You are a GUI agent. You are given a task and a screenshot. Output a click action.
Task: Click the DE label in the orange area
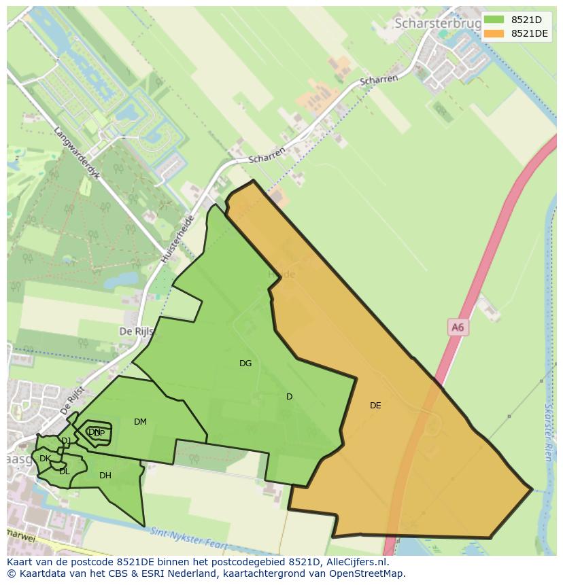(375, 406)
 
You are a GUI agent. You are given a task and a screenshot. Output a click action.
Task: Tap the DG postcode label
(245, 364)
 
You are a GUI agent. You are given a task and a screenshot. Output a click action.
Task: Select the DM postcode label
(140, 422)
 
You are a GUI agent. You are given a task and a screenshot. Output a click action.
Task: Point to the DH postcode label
(105, 476)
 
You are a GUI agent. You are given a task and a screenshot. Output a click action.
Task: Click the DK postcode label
(45, 459)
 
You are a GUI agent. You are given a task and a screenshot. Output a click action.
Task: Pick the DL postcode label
(64, 472)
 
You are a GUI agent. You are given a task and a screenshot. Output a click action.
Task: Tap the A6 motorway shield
(458, 327)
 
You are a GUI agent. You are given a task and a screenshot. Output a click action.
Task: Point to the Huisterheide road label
(178, 239)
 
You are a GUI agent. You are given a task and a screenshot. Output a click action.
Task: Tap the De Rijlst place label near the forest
(137, 332)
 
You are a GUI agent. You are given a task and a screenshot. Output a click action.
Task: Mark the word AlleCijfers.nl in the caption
(354, 562)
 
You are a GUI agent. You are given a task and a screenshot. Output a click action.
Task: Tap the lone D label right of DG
(289, 397)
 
